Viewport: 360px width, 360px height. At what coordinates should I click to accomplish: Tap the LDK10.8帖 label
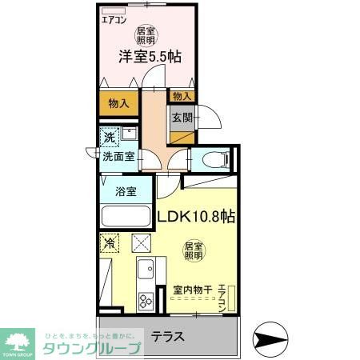click(194, 216)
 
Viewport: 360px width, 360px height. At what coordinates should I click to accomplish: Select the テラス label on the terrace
click(169, 337)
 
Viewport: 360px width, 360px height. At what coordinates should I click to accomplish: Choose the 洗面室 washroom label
click(118, 157)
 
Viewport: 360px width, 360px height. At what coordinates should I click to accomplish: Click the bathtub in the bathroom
click(126, 217)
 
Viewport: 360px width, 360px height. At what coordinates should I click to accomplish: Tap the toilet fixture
click(214, 158)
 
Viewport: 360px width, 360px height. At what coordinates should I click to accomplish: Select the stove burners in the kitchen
click(146, 301)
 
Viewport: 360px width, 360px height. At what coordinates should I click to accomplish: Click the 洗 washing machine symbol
click(110, 137)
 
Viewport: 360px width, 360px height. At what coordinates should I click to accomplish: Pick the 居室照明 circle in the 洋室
click(146, 34)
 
